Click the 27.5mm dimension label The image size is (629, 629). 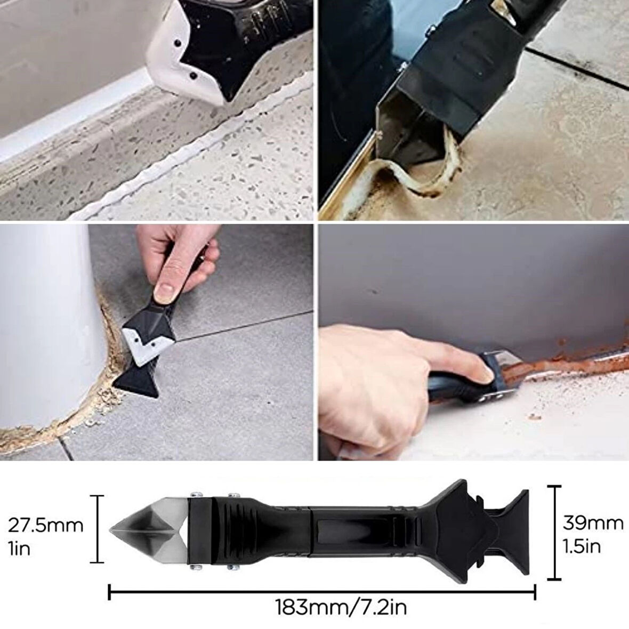[x=45, y=526]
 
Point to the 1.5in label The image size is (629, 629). [x=582, y=546]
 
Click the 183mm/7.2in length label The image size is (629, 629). [x=341, y=607]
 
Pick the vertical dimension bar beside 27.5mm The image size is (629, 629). [x=96, y=529]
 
